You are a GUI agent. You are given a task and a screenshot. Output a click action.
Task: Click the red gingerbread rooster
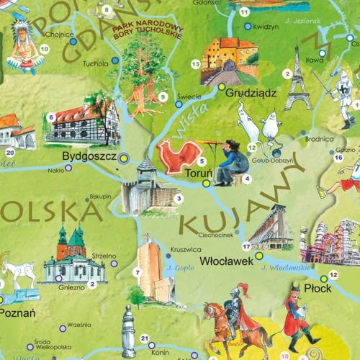179,156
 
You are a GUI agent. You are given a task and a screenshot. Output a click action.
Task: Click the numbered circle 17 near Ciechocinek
246,246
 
